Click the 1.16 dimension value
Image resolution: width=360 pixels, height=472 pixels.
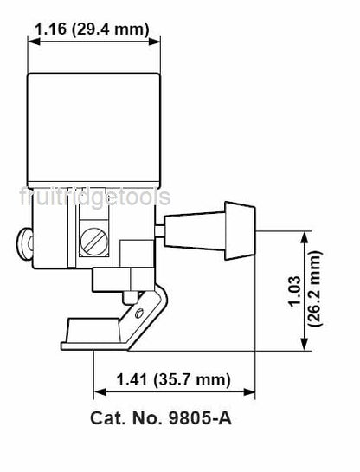coord(50,29)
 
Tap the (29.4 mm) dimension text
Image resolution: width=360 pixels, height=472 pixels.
coord(111,29)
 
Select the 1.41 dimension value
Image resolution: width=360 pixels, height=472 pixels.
coord(132,379)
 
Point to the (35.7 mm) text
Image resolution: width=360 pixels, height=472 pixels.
coord(192,379)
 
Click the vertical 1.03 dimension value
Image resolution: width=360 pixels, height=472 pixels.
coord(295,291)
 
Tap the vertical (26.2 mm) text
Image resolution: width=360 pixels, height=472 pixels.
coord(316,288)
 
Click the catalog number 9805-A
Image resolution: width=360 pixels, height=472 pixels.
coord(200,418)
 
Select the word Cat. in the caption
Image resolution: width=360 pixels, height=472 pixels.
coord(107,418)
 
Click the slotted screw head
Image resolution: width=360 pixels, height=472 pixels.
coord(93,242)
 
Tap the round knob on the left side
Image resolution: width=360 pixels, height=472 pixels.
coord(24,244)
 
